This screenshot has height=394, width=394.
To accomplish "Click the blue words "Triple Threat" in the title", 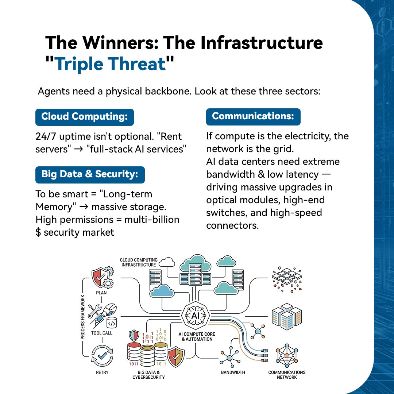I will pos(110,64).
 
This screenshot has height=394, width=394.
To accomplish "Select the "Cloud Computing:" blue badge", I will pos(84,117).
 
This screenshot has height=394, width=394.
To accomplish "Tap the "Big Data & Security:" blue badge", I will pos(90,174).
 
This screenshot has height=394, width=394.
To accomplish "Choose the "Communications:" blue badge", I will pos(253,116).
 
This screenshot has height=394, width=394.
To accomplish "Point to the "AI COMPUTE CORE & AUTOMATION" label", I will pos(197,336).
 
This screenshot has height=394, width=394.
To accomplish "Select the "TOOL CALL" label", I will pos(102,333).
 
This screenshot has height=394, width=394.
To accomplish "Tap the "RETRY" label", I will pos(103,372).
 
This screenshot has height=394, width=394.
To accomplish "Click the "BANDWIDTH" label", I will pos(233,372).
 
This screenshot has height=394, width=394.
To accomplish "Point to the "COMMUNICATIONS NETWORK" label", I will pos(287,375).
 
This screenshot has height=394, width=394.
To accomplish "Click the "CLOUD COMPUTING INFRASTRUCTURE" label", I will pos(138,262).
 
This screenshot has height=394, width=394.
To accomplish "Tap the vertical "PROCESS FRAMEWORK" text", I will pos(83,317).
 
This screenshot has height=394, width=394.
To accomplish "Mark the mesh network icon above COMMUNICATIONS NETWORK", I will pos(287,355).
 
